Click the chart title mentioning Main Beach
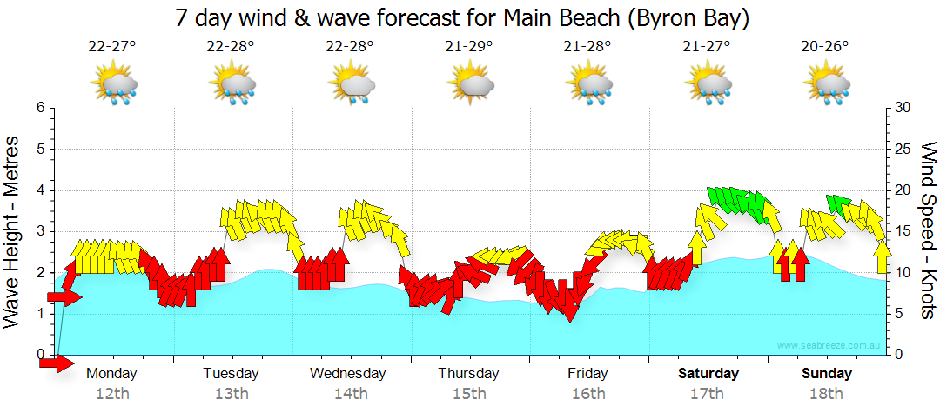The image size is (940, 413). pyautogui.click(x=462, y=17)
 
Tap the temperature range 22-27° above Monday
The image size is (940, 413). pyautogui.click(x=112, y=47)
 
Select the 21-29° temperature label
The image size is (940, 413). pyautogui.click(x=469, y=47)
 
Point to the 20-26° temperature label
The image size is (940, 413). pyautogui.click(x=825, y=47)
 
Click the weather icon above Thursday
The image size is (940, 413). pyautogui.click(x=471, y=83)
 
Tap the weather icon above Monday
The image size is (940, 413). pyautogui.click(x=114, y=83)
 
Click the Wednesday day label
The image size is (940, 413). pyautogui.click(x=348, y=374)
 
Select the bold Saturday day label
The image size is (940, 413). pyautogui.click(x=708, y=374)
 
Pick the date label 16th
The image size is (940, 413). pyautogui.click(x=588, y=394)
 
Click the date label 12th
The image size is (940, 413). pyautogui.click(x=112, y=394)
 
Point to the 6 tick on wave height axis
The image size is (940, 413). pyautogui.click(x=39, y=108)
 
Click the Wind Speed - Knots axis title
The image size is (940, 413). pyautogui.click(x=928, y=230)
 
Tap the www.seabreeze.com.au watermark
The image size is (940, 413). pyautogui.click(x=830, y=345)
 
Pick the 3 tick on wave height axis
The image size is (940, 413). pyautogui.click(x=39, y=231)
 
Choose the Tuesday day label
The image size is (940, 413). pyautogui.click(x=231, y=374)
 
